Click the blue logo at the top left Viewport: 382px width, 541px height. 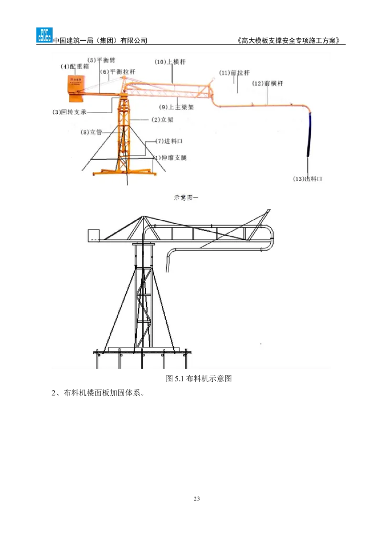[44, 36]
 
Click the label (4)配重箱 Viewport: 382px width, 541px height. [74, 66]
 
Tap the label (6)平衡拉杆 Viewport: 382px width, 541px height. [117, 71]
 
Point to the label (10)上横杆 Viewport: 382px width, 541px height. [170, 62]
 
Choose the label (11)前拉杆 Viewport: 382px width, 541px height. [234, 73]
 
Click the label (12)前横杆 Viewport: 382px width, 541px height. [268, 83]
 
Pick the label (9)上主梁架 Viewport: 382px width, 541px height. [178, 108]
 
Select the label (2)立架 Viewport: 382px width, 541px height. [162, 119]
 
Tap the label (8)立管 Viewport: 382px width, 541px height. [91, 132]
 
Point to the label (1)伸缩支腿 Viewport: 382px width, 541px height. [170, 157]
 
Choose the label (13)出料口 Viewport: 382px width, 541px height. [308, 179]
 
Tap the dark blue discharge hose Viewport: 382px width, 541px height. [309, 136]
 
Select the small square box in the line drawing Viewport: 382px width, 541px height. [93, 235]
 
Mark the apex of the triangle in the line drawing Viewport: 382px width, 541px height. [142, 217]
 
